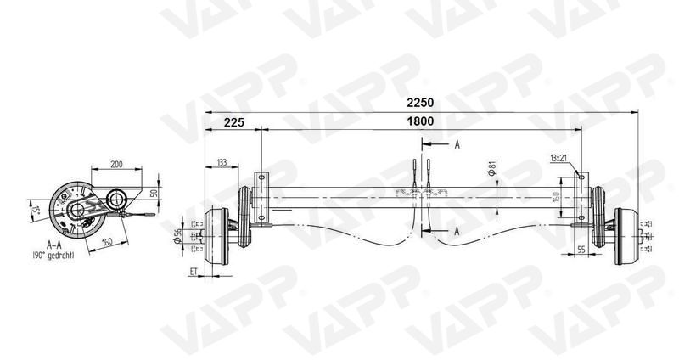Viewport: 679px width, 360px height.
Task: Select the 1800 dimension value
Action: pyautogui.click(x=419, y=121)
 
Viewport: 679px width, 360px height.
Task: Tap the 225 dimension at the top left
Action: pyautogui.click(x=234, y=122)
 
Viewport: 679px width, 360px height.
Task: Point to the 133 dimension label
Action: pyautogui.click(x=222, y=161)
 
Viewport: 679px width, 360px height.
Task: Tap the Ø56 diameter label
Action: pyautogui.click(x=177, y=233)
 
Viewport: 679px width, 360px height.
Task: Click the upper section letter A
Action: pyautogui.click(x=457, y=144)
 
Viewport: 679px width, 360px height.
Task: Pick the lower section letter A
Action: pyautogui.click(x=457, y=230)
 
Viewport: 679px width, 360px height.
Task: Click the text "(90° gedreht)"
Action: pyautogui.click(x=53, y=254)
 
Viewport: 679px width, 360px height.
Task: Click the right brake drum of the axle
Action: pyautogui.click(x=626, y=234)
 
